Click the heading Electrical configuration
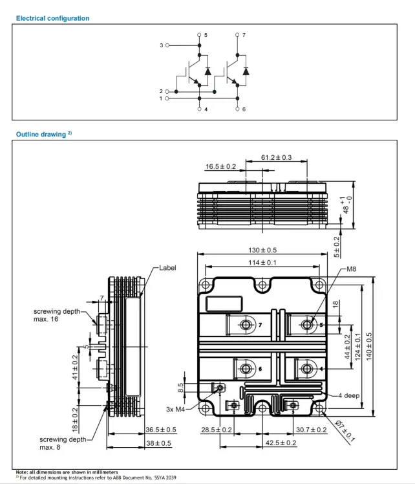pyautogui.click(x=53, y=18)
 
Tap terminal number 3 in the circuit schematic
pyautogui.click(x=161, y=45)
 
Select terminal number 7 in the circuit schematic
pyautogui.click(x=244, y=35)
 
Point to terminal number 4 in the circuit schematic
pyautogui.click(x=206, y=109)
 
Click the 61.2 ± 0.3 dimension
pyautogui.click(x=276, y=157)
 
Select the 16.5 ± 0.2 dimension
pyautogui.click(x=221, y=166)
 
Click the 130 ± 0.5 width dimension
pyautogui.click(x=262, y=250)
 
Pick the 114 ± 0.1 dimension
pyautogui.click(x=262, y=263)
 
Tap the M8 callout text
pyautogui.click(x=352, y=269)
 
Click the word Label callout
pyautogui.click(x=167, y=268)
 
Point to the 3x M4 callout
pyautogui.click(x=175, y=410)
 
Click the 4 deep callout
pyautogui.click(x=348, y=395)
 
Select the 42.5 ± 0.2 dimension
pyautogui.click(x=281, y=443)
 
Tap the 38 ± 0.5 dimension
pyautogui.click(x=158, y=443)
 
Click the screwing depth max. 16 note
pyautogui.click(x=57, y=315)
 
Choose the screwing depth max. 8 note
pyautogui.click(x=63, y=443)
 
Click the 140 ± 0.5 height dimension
pyautogui.click(x=369, y=346)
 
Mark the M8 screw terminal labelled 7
pyautogui.click(x=246, y=325)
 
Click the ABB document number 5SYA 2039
pyautogui.click(x=165, y=478)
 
